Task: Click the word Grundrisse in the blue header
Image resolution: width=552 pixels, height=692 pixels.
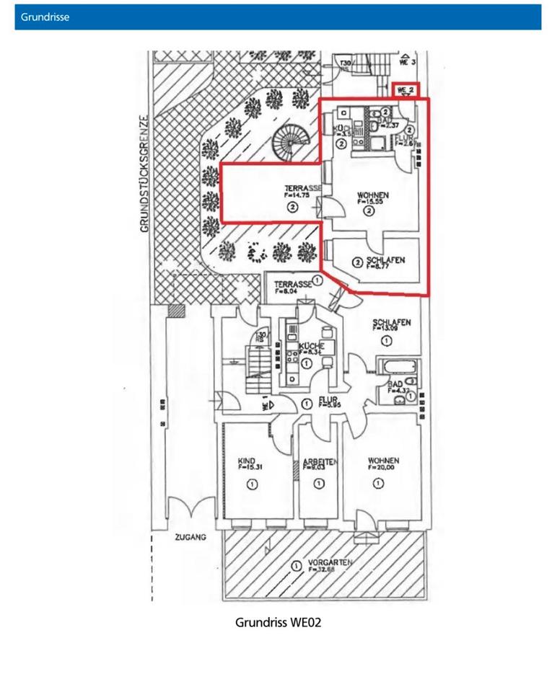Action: click(45, 17)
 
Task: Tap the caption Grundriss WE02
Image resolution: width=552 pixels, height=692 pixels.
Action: click(278, 622)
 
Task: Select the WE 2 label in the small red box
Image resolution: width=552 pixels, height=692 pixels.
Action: click(406, 89)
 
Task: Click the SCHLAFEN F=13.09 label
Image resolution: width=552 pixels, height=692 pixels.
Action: click(391, 324)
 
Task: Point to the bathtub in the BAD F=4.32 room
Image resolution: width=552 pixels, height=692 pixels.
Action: click(397, 366)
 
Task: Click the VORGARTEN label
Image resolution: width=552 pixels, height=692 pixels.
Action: click(328, 564)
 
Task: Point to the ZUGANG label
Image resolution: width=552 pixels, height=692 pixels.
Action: click(190, 538)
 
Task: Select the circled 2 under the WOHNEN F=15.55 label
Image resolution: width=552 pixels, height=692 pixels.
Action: click(369, 212)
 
